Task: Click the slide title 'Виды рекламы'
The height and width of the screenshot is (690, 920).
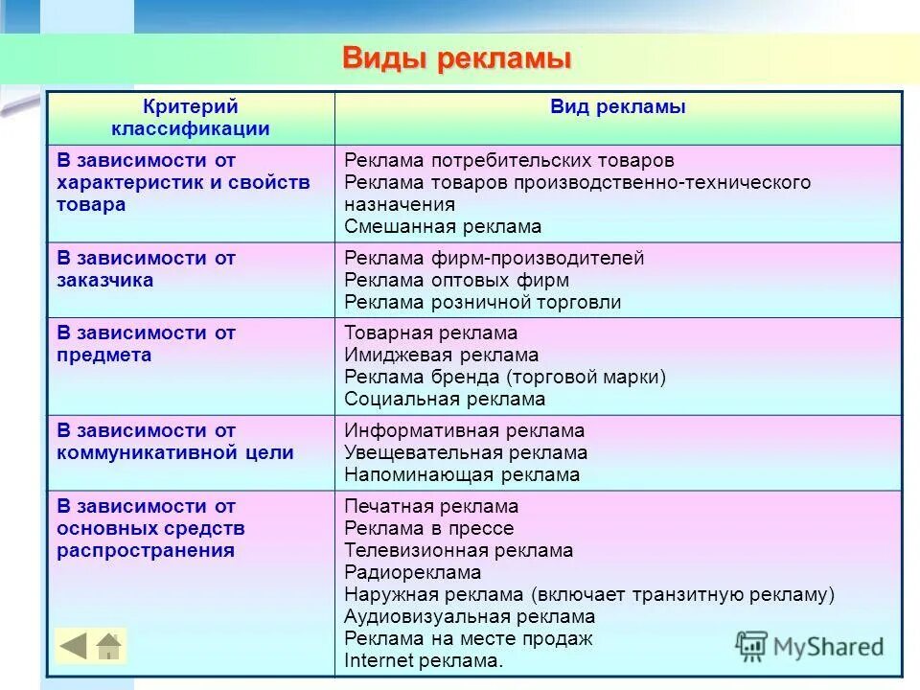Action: pyautogui.click(x=456, y=58)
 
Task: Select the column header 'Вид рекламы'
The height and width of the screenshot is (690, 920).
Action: pyautogui.click(x=617, y=107)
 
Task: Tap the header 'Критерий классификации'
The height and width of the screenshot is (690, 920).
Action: pyautogui.click(x=191, y=118)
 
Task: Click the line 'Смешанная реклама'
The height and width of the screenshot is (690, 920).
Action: pyautogui.click(x=443, y=227)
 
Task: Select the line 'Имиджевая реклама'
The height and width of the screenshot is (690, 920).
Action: pyautogui.click(x=441, y=356)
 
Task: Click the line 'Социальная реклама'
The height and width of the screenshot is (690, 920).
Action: pyautogui.click(x=445, y=400)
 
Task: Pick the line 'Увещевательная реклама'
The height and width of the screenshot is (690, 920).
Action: pyautogui.click(x=466, y=453)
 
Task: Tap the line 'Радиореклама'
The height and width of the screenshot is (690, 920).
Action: pyautogui.click(x=412, y=573)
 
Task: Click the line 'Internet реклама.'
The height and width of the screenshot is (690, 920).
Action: pyautogui.click(x=423, y=661)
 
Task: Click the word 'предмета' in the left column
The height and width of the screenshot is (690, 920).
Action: pyautogui.click(x=103, y=356)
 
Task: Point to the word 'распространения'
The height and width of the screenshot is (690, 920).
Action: pyautogui.click(x=146, y=551)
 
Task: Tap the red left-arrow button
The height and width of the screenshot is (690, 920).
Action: pyautogui.click(x=74, y=646)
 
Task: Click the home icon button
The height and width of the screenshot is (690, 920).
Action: pyautogui.click(x=109, y=646)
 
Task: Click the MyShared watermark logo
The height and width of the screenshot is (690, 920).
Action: pyautogui.click(x=810, y=645)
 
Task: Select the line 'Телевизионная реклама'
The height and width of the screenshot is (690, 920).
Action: pyautogui.click(x=458, y=551)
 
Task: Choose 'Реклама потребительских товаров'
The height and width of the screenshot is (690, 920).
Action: pyautogui.click(x=509, y=160)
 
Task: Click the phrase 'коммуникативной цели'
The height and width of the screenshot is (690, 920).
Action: pyautogui.click(x=174, y=453)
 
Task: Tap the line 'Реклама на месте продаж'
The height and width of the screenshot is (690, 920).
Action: pyautogui.click(x=469, y=639)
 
